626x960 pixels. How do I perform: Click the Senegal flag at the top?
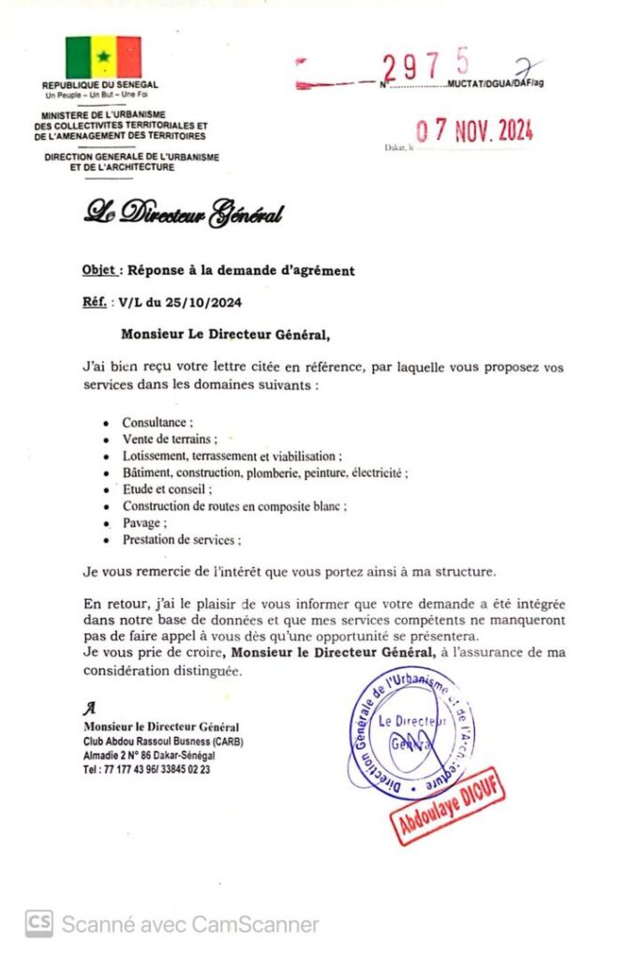tap(103, 57)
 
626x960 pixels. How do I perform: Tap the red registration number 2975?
tap(426, 66)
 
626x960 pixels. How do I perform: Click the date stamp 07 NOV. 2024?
tap(474, 130)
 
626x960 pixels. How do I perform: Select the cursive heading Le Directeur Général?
tap(183, 214)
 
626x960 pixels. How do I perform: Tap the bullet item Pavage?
tap(144, 523)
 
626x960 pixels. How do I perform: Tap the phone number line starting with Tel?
tap(146, 769)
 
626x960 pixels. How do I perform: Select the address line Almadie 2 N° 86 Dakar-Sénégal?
tap(154, 755)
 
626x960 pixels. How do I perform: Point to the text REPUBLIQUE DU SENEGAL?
tap(100, 85)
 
